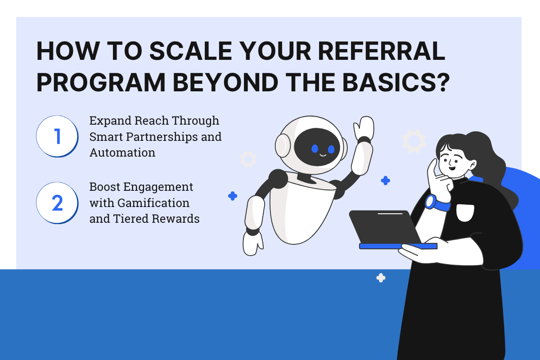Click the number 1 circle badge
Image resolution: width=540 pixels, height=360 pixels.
[x=57, y=136]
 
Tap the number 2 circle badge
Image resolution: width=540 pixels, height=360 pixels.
[x=57, y=203]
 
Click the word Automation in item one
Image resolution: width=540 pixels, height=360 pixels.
[x=122, y=153]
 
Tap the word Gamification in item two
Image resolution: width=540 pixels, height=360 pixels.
[x=153, y=203]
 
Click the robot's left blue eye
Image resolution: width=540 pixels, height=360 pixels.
[x=315, y=148]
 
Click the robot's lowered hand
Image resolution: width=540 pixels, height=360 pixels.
[x=253, y=243]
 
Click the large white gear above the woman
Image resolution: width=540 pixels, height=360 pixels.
[x=414, y=141]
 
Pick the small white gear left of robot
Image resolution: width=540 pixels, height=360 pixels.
[x=248, y=159]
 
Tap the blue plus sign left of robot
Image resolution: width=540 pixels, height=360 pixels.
[x=233, y=196]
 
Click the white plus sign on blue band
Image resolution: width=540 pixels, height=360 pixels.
[x=381, y=278]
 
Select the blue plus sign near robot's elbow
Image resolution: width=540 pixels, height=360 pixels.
[x=385, y=180]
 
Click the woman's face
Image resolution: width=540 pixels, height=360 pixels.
[x=452, y=162]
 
